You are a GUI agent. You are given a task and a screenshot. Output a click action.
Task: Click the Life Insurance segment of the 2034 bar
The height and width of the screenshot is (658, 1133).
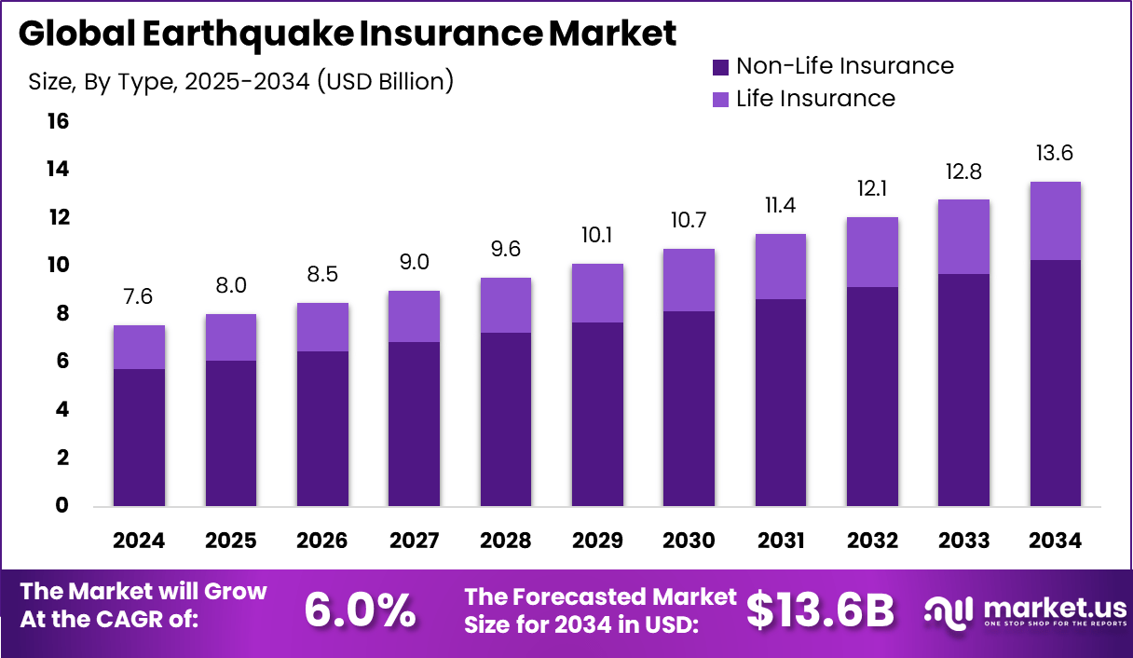[x=1056, y=221]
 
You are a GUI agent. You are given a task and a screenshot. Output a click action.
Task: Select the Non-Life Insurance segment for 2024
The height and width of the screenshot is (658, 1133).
[x=139, y=437]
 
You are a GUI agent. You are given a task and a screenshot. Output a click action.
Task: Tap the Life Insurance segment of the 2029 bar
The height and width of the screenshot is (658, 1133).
[x=597, y=293]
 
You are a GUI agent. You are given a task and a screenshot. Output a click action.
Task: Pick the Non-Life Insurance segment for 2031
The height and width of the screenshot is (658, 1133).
[x=780, y=403]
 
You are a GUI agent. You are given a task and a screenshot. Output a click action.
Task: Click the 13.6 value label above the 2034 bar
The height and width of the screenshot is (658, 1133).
[x=1056, y=153]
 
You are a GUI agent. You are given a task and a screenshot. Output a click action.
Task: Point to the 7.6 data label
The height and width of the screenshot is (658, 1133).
[x=139, y=296]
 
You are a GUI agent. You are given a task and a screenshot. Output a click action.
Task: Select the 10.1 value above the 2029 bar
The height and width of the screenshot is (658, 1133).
[x=597, y=235]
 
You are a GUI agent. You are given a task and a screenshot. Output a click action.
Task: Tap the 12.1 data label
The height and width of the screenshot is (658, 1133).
[x=872, y=188]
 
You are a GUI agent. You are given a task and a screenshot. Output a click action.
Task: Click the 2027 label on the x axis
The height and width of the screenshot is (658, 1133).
[x=414, y=541]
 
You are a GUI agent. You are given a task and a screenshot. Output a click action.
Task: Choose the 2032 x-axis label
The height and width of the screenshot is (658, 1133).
[x=872, y=541]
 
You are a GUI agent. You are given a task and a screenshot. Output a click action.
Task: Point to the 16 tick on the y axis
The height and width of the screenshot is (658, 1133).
[x=57, y=121]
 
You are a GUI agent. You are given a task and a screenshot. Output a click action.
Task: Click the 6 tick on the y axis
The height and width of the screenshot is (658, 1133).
[x=61, y=362]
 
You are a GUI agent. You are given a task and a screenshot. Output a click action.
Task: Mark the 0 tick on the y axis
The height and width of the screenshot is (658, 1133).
[x=61, y=506]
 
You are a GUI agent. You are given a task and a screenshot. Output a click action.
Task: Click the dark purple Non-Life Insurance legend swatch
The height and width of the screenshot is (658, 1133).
[x=720, y=67]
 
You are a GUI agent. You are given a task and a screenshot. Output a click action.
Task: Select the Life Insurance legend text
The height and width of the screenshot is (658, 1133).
[x=815, y=99]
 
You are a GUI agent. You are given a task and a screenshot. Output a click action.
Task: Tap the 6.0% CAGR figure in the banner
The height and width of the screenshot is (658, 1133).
[x=360, y=610]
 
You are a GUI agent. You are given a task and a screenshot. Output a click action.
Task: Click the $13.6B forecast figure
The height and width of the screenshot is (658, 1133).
[x=821, y=610]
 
